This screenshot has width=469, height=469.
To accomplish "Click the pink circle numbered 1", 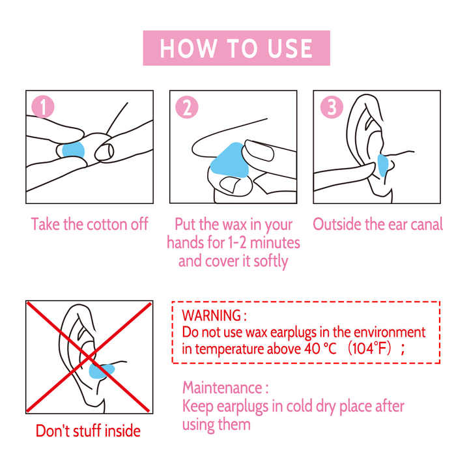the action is [x=43, y=107].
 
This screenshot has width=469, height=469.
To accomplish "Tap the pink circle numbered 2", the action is [x=187, y=107].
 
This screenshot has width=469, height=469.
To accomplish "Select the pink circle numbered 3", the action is [x=332, y=107].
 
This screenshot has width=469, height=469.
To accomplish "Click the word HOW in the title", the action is [x=188, y=48].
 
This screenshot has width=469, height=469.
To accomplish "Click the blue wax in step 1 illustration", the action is [x=73, y=150].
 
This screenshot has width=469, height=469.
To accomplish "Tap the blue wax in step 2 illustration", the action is [x=230, y=161].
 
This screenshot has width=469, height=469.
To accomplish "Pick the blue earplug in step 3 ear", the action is [x=382, y=165].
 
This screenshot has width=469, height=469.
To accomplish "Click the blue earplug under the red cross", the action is [x=101, y=371].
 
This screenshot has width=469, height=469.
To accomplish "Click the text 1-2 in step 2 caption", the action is [x=237, y=242].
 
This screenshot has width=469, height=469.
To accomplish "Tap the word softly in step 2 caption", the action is [x=271, y=261].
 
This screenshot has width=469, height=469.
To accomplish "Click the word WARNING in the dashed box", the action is [x=212, y=315].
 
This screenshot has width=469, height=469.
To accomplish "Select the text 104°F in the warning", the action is [x=370, y=348].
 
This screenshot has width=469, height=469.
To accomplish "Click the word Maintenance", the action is [x=223, y=388].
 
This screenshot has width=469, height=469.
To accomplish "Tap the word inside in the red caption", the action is [x=122, y=431].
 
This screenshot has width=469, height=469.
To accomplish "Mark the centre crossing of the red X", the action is [x=89, y=357].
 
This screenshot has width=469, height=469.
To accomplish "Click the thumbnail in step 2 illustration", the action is [x=230, y=184].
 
